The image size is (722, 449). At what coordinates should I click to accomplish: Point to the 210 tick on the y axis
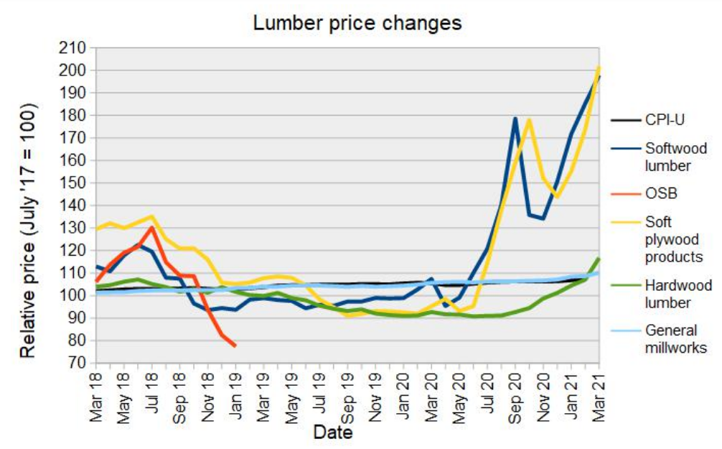coord(75,48)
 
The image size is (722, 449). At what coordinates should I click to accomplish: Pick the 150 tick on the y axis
coord(75,183)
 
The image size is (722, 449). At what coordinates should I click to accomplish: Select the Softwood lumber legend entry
coord(675,157)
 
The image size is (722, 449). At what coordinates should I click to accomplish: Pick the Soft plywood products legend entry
coord(673,239)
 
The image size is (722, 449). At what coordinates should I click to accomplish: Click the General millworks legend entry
coord(675,339)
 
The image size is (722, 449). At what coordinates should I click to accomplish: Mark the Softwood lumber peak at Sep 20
coord(515,118)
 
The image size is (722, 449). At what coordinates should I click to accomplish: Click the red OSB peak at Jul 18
coord(151,228)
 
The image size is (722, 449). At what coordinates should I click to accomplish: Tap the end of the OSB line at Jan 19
coord(235,346)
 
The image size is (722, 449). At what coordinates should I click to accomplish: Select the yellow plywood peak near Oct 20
coord(530,120)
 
